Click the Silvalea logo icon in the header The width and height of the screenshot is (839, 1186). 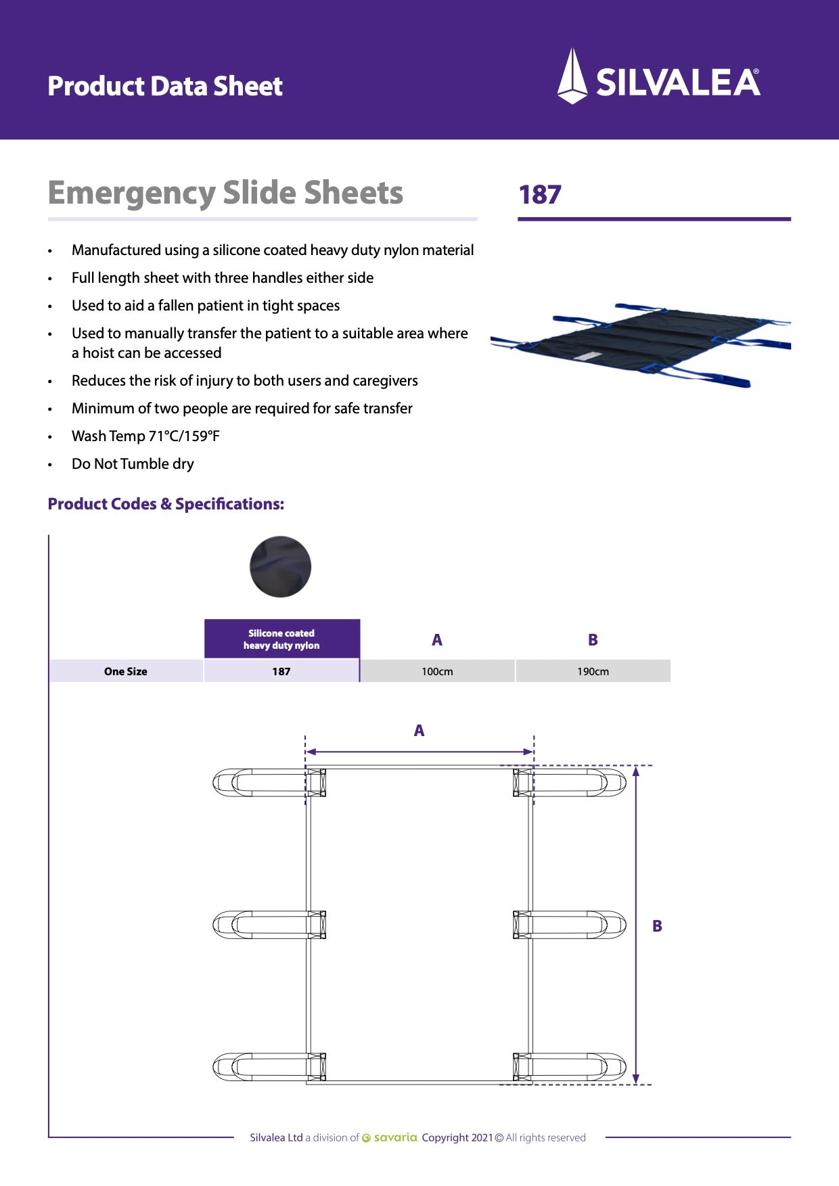[x=572, y=76]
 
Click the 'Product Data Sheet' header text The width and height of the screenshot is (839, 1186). [x=165, y=86]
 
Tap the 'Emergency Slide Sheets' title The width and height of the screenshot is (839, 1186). [x=225, y=193]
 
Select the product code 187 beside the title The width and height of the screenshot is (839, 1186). [x=540, y=195]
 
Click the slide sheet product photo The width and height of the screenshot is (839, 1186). [x=639, y=345]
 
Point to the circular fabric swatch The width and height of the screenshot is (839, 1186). [x=280, y=567]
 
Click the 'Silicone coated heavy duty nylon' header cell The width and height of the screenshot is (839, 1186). [x=281, y=639]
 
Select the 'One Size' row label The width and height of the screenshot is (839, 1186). [x=126, y=671]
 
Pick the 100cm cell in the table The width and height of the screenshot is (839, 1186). [x=437, y=671]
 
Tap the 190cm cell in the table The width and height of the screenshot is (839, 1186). [x=593, y=671]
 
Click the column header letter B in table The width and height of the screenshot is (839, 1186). [x=593, y=639]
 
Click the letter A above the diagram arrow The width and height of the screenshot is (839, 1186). [x=419, y=731]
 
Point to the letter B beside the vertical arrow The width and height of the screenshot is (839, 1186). [x=657, y=926]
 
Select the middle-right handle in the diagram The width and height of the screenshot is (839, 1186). [x=575, y=924]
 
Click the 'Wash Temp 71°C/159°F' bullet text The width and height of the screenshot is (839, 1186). [x=145, y=436]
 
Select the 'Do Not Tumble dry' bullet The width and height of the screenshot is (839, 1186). [x=133, y=464]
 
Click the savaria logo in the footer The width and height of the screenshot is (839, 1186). [x=390, y=1137]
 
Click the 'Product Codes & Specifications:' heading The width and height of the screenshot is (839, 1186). [x=166, y=504]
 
